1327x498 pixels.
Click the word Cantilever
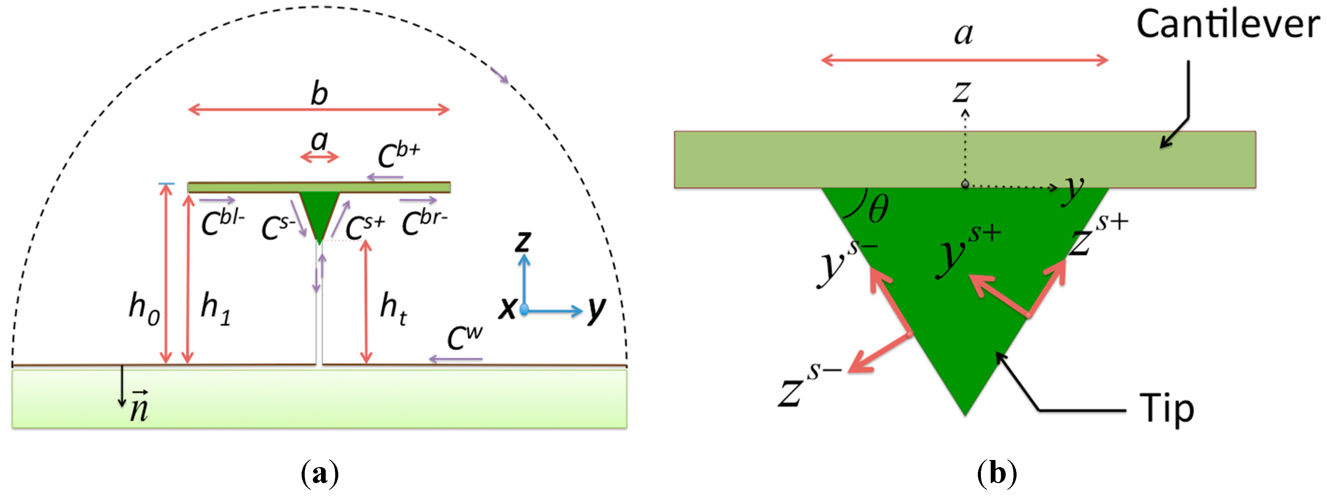1228,25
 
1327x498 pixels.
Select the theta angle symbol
878,209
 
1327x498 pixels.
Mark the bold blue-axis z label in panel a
523,241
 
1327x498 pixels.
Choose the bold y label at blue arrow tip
596,309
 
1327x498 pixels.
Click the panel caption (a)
319,473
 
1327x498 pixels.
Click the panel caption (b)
997,473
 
